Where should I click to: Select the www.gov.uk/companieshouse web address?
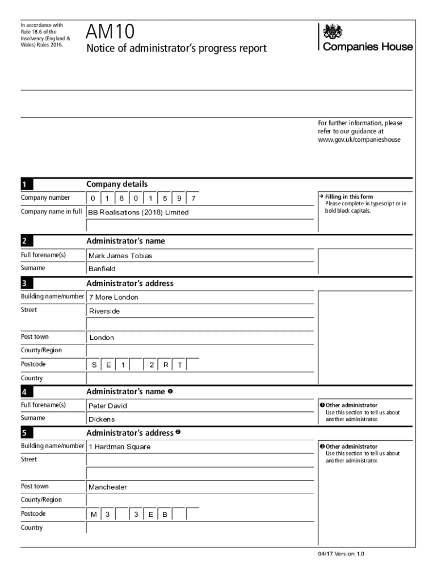point(359,139)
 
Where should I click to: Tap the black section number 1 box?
point(27,184)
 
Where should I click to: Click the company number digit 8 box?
point(121,198)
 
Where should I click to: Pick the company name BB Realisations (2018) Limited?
point(138,212)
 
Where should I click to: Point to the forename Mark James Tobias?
point(120,256)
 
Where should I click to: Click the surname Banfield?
point(102,269)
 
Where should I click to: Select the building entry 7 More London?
point(113,297)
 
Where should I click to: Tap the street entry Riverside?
point(104,311)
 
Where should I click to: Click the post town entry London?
point(101,338)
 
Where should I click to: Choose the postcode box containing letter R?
point(165,365)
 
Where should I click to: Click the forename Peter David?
point(108,406)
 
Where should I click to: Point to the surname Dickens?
point(102,419)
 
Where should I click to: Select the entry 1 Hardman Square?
point(119,447)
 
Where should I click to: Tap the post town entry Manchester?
point(108,487)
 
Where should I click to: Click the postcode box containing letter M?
point(94,515)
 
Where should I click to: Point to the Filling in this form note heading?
point(349,197)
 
